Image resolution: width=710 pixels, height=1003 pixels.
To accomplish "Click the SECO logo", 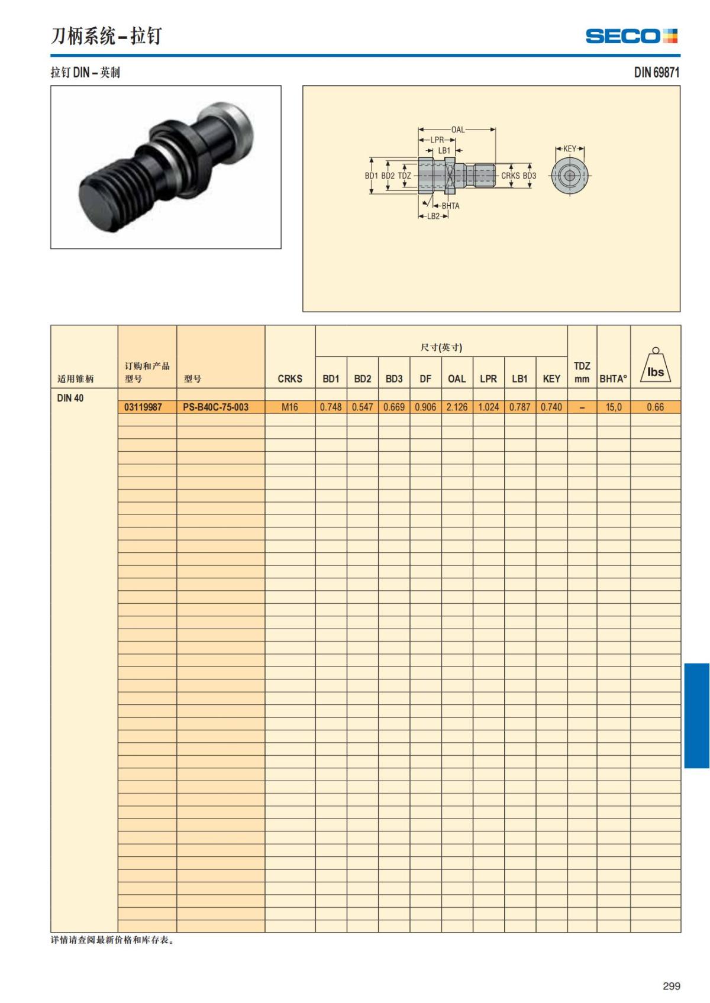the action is (631, 36).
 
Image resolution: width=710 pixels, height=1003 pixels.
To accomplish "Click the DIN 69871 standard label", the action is (656, 72).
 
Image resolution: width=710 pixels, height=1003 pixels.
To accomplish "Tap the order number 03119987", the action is (143, 407).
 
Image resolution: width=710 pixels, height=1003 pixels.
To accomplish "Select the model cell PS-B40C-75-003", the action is (215, 407).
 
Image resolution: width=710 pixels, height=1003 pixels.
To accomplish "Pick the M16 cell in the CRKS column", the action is (289, 407).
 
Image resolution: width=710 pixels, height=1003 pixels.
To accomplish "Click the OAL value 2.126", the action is (456, 407).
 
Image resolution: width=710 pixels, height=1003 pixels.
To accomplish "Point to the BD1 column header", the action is (331, 379).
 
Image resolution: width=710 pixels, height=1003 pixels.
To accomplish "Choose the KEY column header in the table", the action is (551, 379).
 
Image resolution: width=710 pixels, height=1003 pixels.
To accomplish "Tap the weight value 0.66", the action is (655, 407).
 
